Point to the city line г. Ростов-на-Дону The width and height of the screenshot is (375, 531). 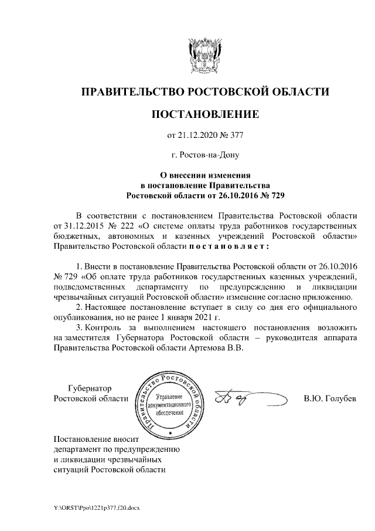(x=204, y=155)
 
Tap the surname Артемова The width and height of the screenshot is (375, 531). (x=209, y=347)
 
